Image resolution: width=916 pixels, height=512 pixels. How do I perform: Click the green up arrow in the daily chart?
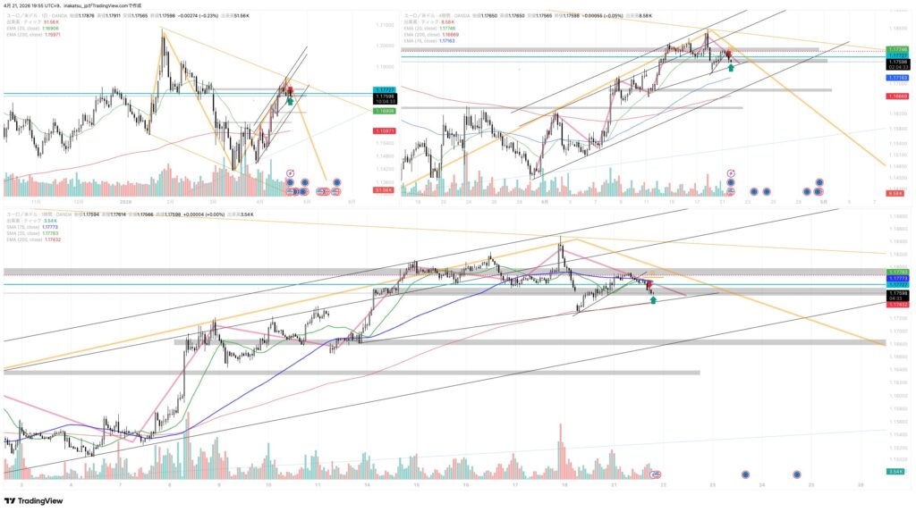(x=290, y=102)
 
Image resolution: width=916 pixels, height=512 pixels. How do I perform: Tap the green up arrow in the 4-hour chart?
(x=732, y=66)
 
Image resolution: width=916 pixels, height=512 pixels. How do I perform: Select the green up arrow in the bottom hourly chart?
(x=654, y=300)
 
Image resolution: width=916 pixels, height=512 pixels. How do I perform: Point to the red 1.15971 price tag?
(x=386, y=131)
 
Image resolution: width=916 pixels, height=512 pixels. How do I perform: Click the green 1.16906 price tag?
(x=386, y=112)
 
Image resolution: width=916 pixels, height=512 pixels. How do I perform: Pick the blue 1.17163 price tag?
(x=897, y=78)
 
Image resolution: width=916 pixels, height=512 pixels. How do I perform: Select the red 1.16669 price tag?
(x=897, y=95)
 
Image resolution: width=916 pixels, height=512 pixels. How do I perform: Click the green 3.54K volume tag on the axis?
(x=895, y=471)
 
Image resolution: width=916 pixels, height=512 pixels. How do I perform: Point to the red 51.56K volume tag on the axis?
(x=384, y=189)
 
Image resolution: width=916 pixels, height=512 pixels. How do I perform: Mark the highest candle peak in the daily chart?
(x=162, y=29)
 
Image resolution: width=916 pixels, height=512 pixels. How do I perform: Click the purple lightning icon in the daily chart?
(x=290, y=171)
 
